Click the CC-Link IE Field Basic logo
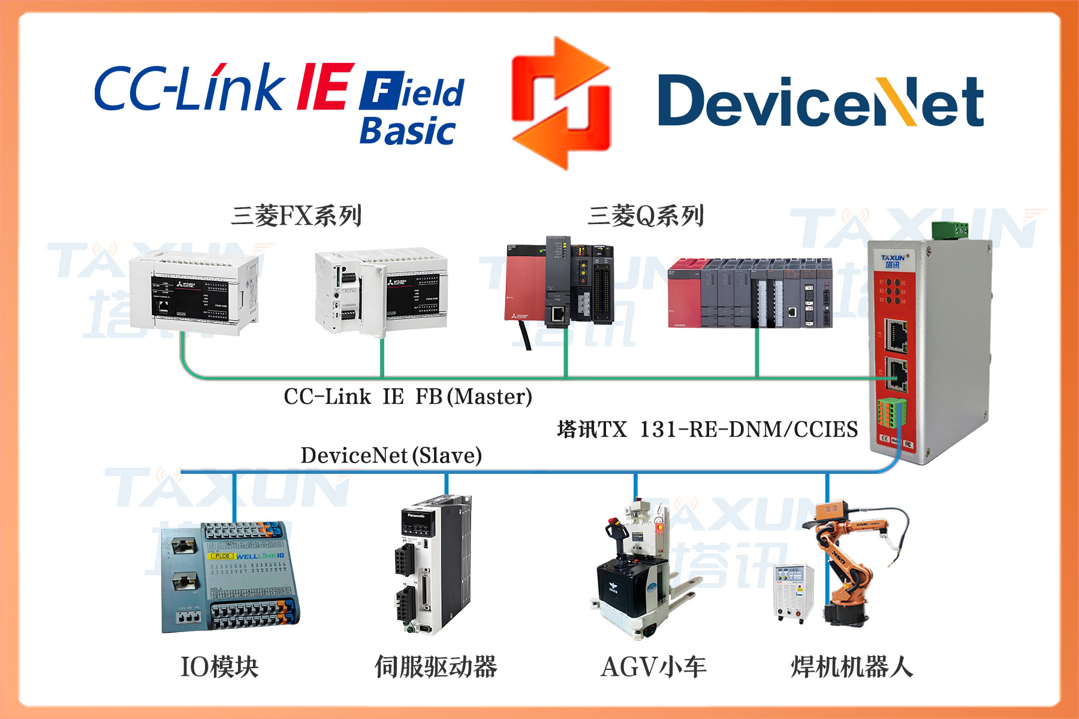pyautogui.click(x=279, y=102)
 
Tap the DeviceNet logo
pyautogui.click(x=820, y=101)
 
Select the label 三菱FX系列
pyautogui.click(x=296, y=216)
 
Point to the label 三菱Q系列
pyautogui.click(x=646, y=216)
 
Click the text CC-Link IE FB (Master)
pyautogui.click(x=408, y=397)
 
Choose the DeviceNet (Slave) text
pyautogui.click(x=391, y=455)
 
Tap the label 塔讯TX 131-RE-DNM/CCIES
pyautogui.click(x=707, y=430)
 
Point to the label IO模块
pyautogui.click(x=219, y=667)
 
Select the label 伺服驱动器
pyautogui.click(x=436, y=667)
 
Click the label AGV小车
pyautogui.click(x=653, y=667)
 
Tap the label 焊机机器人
pyautogui.click(x=852, y=667)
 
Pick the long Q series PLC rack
pyautogui.click(x=750, y=293)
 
